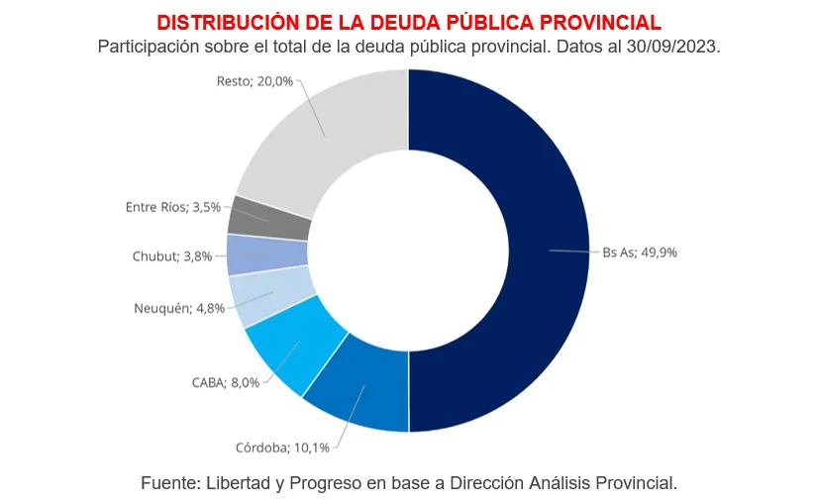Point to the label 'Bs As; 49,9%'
pos(640,252)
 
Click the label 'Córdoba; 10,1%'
pos(283,448)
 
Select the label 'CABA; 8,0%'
pos(226,382)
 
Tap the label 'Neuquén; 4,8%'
pos(179,308)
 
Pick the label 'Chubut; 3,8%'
pos(172,256)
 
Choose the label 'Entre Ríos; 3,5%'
pos(173,207)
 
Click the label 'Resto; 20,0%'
pos(255,81)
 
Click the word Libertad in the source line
pos(239,483)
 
